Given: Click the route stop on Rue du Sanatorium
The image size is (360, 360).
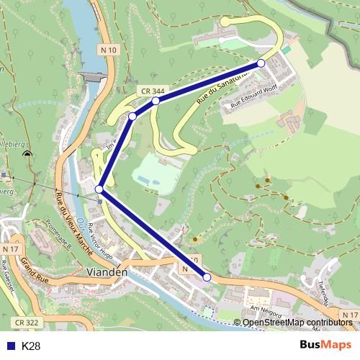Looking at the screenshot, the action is click(x=261, y=63).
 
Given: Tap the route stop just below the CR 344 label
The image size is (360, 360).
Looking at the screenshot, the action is click(x=156, y=101).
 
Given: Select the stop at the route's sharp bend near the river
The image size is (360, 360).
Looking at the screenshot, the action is click(x=99, y=189).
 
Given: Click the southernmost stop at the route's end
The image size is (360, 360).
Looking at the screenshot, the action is click(x=207, y=277).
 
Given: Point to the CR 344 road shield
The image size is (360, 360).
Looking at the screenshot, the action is click(x=150, y=90).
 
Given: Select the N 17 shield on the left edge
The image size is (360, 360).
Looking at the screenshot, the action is click(x=9, y=248).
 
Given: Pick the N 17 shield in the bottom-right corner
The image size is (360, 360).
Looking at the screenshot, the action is click(x=350, y=315).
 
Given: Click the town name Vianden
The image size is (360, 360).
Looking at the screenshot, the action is click(x=106, y=272).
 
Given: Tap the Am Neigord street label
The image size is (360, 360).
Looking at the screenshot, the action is click(x=264, y=310).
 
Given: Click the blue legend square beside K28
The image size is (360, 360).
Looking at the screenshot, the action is click(x=10, y=346).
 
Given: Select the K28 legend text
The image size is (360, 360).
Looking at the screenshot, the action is click(x=31, y=346).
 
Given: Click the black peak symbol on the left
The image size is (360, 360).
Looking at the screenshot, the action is click(x=27, y=153).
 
